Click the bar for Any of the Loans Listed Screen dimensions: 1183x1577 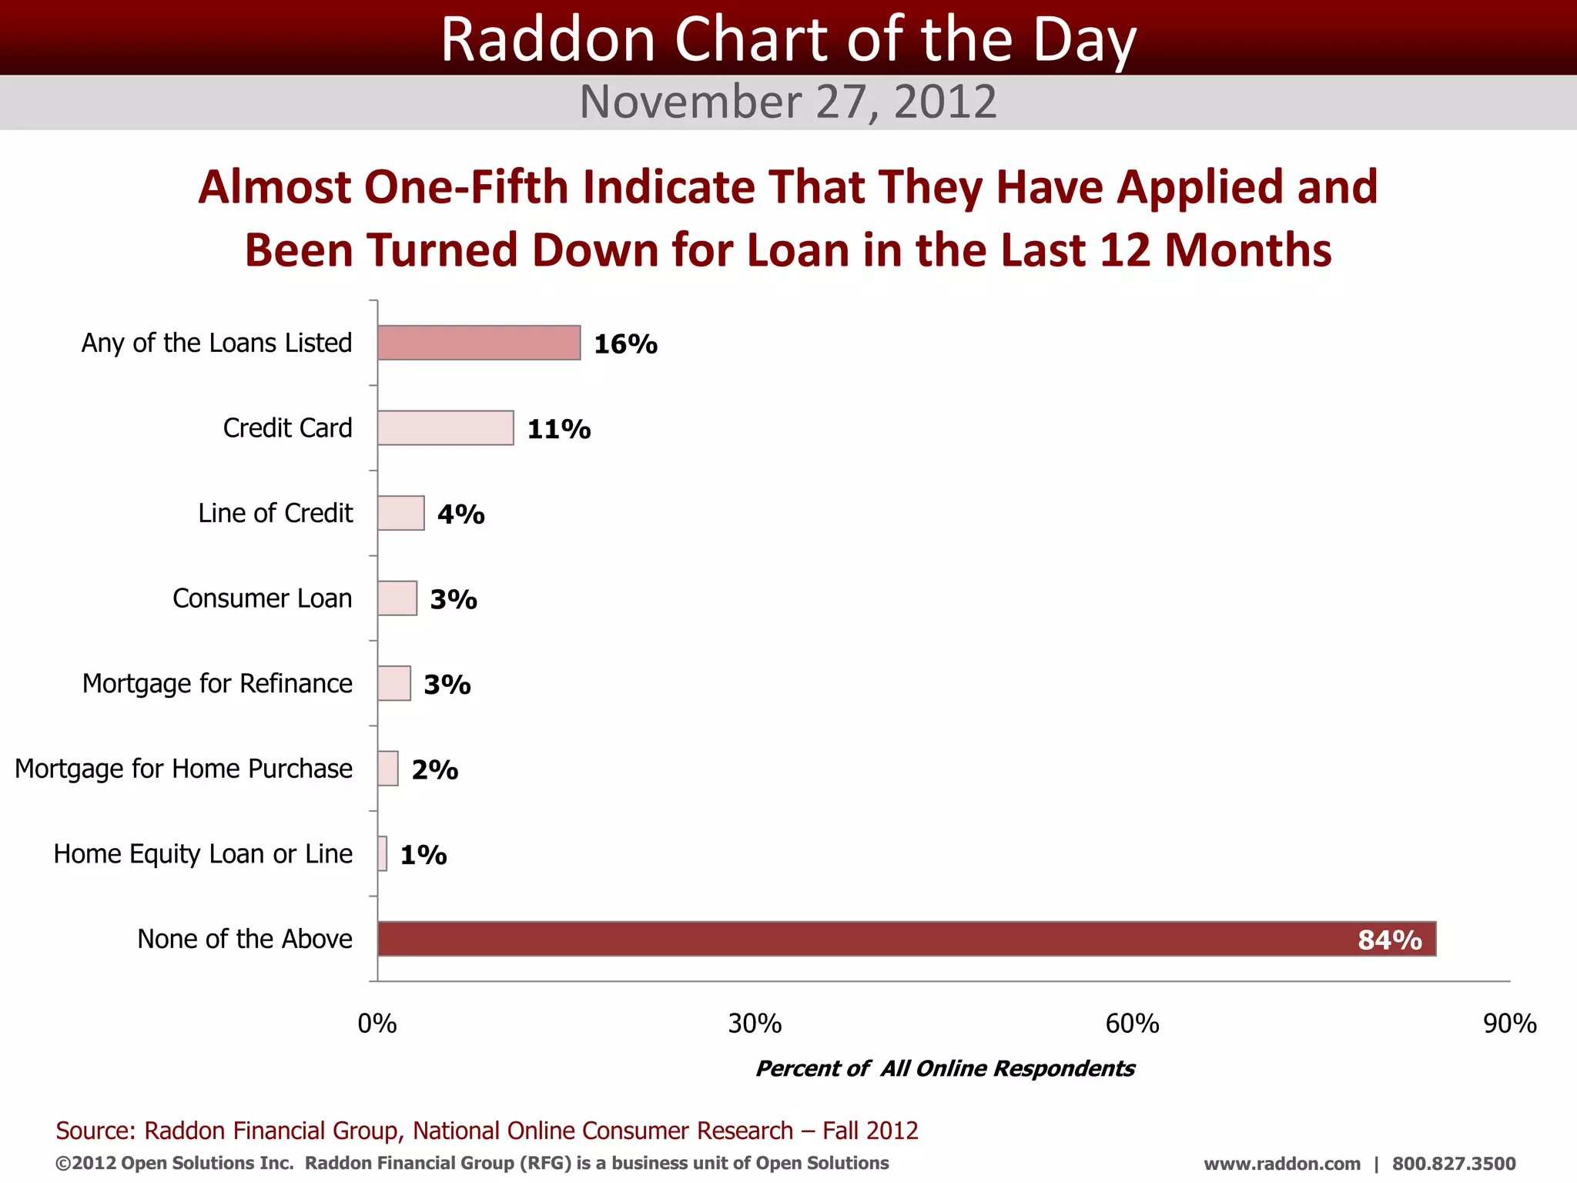[479, 343]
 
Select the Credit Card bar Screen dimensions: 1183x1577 [445, 428]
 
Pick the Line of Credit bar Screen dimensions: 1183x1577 [400, 513]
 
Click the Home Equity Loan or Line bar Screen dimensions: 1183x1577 [383, 853]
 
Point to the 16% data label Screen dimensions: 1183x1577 [625, 344]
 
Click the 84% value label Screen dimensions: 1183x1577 [1389, 940]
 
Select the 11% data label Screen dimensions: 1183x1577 [559, 429]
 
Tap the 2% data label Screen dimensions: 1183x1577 [435, 769]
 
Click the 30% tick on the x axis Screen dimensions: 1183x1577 [755, 1024]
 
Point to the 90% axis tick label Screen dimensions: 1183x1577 [1509, 1024]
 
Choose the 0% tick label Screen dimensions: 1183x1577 [377, 1024]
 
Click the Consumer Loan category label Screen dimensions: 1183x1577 [263, 598]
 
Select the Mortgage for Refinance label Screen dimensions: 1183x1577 [217, 683]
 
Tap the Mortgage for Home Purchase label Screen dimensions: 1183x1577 [183, 769]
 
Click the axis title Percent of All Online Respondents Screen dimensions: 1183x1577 [945, 1068]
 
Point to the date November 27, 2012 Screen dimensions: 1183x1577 [788, 102]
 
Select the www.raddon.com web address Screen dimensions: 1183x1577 [1281, 1164]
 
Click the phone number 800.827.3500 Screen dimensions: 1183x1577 [1453, 1164]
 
